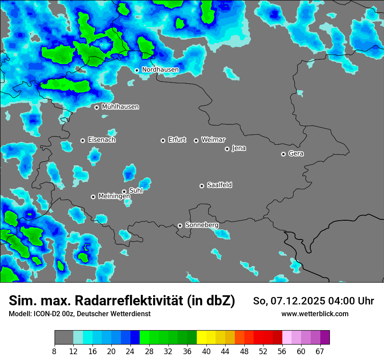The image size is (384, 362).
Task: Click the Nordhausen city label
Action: click(160, 70)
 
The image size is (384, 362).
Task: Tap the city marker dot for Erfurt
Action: click(163, 140)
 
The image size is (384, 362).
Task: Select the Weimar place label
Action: click(213, 140)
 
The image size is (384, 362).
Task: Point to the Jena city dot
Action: click(227, 149)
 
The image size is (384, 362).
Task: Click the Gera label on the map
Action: click(296, 154)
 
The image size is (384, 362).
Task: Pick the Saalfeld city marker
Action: click(202, 186)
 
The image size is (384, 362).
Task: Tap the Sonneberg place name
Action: click(202, 225)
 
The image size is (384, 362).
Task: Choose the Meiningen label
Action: click(114, 196)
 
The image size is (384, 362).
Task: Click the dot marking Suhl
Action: click(124, 191)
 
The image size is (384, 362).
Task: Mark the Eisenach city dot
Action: click(82, 140)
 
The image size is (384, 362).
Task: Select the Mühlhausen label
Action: click(120, 107)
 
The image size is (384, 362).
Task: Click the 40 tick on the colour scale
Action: click(206, 351)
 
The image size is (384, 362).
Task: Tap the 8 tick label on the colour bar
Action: click(55, 351)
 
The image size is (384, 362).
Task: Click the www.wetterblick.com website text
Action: click(315, 314)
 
